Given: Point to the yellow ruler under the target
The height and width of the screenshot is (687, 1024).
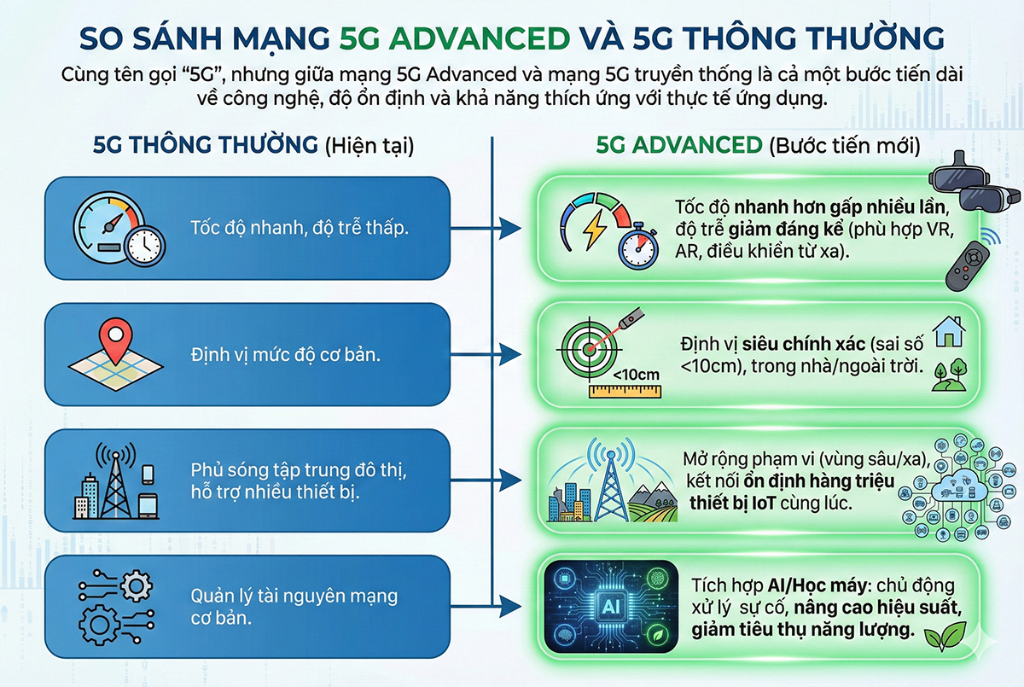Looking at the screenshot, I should tap(625, 391).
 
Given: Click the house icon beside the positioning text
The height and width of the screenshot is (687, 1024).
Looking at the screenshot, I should tap(949, 329).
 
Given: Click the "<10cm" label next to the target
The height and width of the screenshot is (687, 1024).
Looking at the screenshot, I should tap(637, 372).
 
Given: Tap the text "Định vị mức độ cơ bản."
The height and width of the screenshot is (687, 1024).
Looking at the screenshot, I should tap(286, 353).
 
